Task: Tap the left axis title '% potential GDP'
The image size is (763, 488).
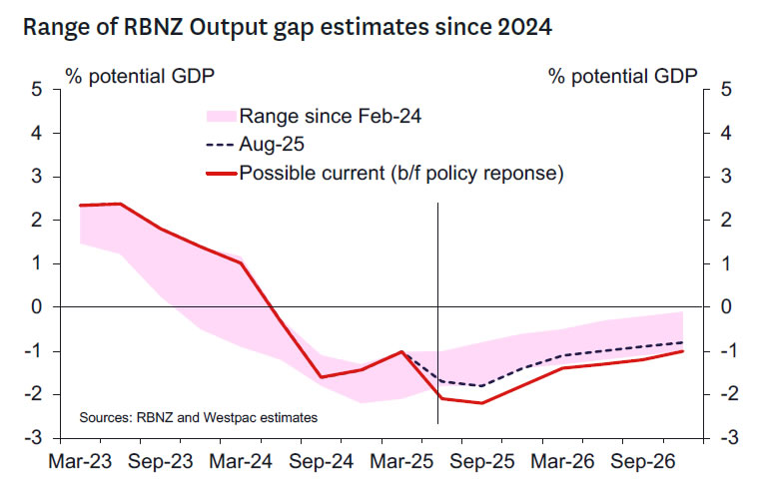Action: (139, 76)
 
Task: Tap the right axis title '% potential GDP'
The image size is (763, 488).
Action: (623, 76)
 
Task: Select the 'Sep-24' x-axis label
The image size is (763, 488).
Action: (322, 463)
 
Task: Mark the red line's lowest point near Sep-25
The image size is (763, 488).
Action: (481, 403)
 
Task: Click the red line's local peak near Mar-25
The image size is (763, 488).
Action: (401, 351)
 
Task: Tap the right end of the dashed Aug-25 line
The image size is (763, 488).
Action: (682, 342)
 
